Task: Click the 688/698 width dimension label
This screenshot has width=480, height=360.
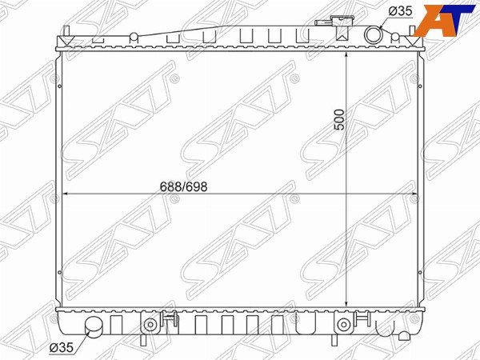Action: pos(184,186)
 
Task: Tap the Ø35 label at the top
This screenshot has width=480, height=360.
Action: pos(401,11)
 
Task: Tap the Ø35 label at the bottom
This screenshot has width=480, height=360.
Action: pos(62,347)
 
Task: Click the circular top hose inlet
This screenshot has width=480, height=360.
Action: pos(374,35)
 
